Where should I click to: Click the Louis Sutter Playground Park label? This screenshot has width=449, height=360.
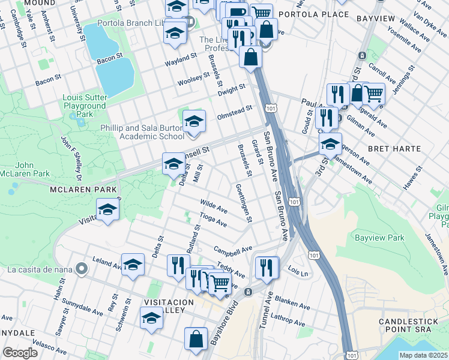click(x=85, y=106)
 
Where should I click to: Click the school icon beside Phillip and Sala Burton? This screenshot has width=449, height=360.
click(x=193, y=122)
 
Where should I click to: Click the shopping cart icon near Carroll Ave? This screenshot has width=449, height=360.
click(x=373, y=94)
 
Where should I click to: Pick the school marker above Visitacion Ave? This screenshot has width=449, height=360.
click(x=108, y=210)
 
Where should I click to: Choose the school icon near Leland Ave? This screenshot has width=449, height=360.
click(x=133, y=265)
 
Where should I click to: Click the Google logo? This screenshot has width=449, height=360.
click(x=20, y=353)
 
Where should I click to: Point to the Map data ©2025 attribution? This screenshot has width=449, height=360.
click(x=423, y=355)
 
